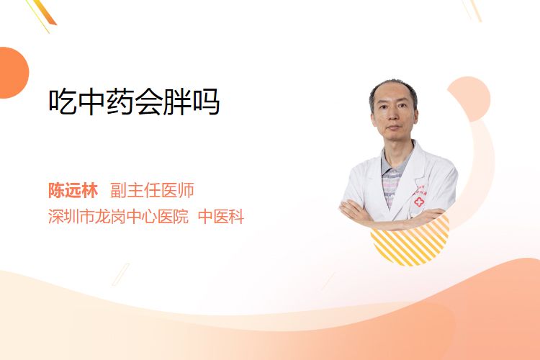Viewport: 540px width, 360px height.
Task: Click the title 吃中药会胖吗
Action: [134, 102]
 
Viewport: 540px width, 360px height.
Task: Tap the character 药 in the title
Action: [120, 102]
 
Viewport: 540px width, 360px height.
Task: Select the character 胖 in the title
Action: [176, 102]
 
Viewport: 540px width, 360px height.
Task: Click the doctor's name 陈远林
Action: [73, 190]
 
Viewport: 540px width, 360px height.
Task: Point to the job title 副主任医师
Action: [152, 190]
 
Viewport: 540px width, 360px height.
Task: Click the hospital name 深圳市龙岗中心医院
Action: [118, 216]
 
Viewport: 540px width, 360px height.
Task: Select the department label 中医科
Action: [221, 216]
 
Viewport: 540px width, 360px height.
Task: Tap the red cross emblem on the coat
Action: [419, 202]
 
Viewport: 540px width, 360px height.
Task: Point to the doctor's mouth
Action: [393, 128]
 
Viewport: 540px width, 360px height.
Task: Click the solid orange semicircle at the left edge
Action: [13, 73]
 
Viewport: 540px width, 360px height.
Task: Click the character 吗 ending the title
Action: [206, 102]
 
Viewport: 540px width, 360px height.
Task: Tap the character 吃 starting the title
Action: [63, 102]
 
